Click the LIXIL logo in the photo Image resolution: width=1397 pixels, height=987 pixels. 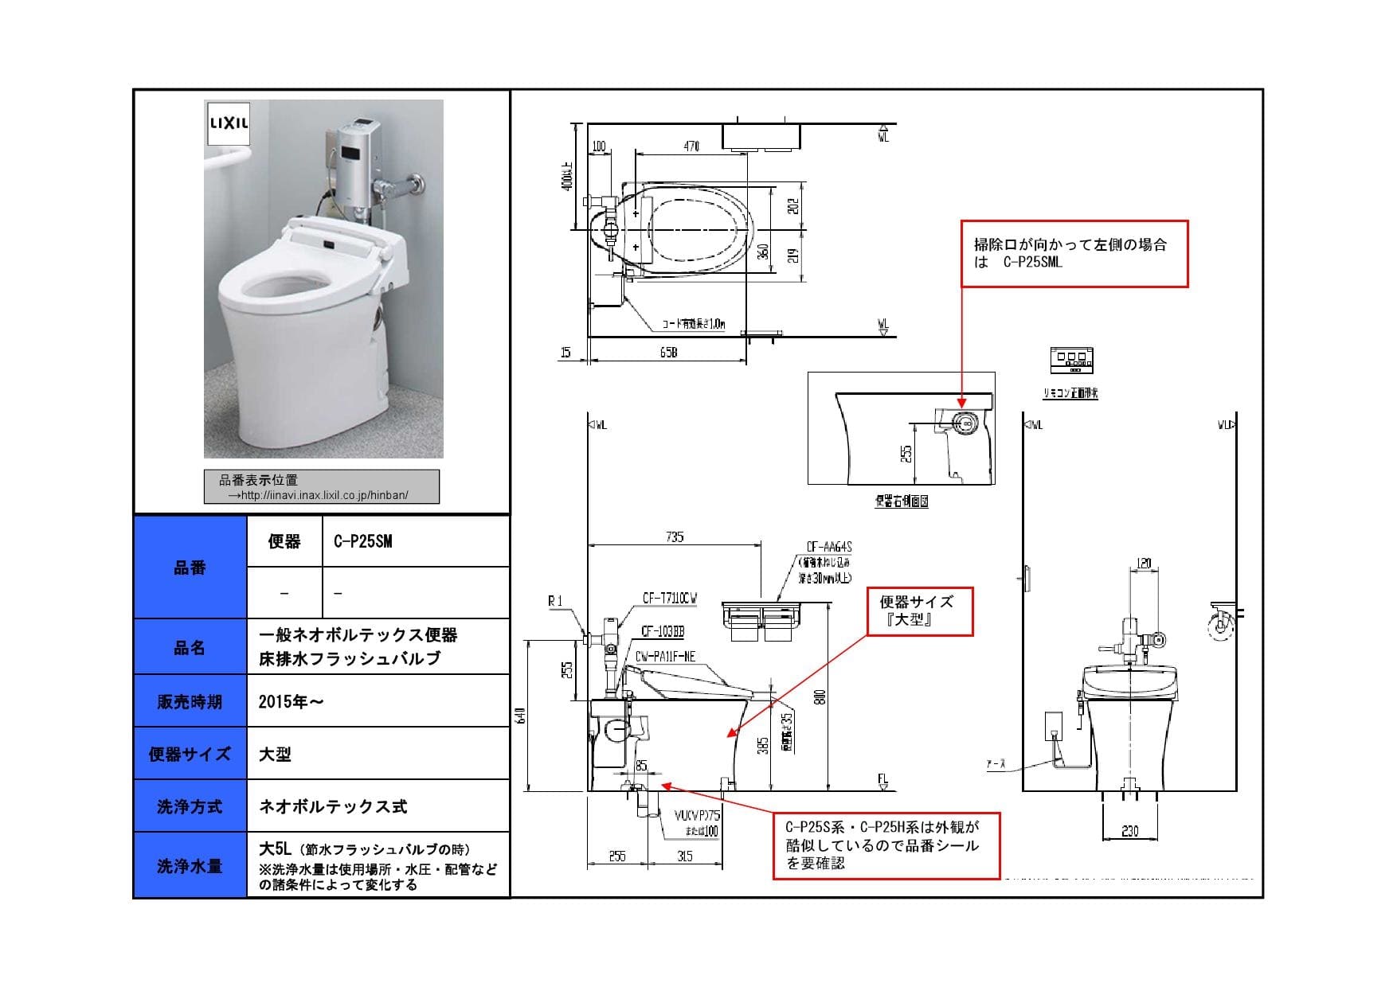point(229,123)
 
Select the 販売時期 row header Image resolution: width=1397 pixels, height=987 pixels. point(190,701)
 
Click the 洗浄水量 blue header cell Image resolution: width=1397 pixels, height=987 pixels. point(190,866)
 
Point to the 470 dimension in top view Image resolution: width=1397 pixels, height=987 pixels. point(691,146)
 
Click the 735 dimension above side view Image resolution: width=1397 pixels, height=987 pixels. point(674,536)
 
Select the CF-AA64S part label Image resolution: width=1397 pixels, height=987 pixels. point(828,547)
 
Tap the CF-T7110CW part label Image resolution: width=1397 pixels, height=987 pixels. point(669,599)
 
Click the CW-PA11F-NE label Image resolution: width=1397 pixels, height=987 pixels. point(665,657)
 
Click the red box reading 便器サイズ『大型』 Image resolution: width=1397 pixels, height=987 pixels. point(919,611)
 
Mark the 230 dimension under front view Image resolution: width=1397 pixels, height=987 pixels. point(1129,831)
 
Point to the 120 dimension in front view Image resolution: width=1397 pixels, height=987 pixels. point(1143,563)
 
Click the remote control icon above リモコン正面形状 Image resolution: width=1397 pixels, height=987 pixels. point(1072,360)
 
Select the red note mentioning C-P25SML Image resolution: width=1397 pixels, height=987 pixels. point(1074,254)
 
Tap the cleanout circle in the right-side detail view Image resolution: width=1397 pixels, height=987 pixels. point(963,423)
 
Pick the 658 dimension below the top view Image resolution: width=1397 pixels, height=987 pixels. point(668,353)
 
